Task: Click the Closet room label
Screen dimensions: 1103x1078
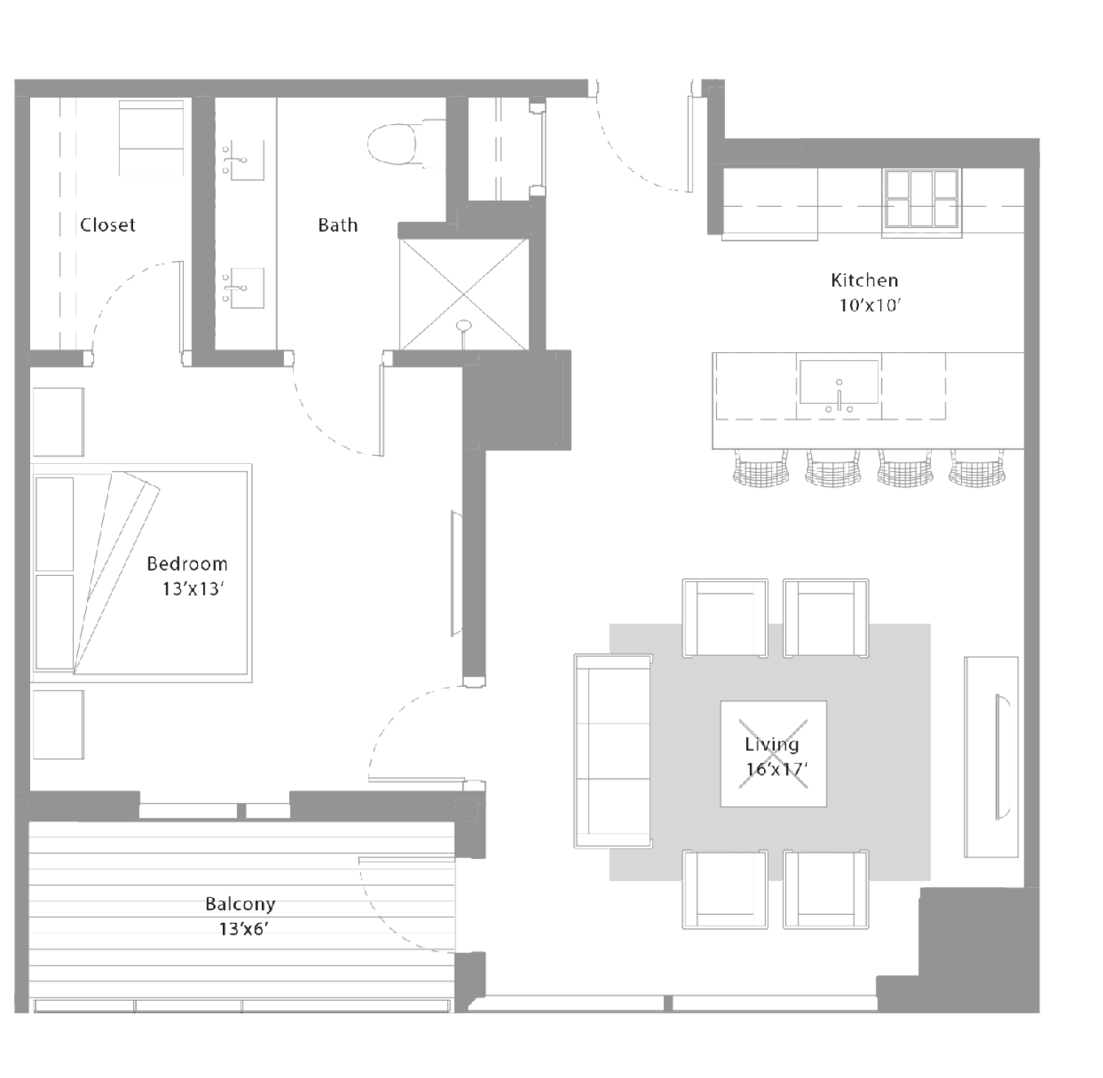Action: pyautogui.click(x=107, y=224)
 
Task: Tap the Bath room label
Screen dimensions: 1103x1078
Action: pyautogui.click(x=338, y=224)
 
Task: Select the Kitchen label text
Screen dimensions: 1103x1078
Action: pyautogui.click(x=864, y=279)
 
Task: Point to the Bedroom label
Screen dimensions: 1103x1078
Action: pyautogui.click(x=187, y=563)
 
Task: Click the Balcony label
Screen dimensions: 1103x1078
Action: pyautogui.click(x=240, y=904)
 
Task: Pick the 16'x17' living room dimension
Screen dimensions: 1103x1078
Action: pyautogui.click(x=777, y=769)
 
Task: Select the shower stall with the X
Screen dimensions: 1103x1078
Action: pyautogui.click(x=463, y=294)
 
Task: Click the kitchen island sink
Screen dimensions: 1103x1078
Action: pyautogui.click(x=839, y=382)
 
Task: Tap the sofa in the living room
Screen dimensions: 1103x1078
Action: pyautogui.click(x=613, y=751)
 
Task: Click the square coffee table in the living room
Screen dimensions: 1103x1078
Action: pyautogui.click(x=773, y=754)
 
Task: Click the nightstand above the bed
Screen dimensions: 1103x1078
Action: pyautogui.click(x=58, y=422)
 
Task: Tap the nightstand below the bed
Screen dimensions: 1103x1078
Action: pyautogui.click(x=58, y=724)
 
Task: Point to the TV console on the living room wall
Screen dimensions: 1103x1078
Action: pyautogui.click(x=991, y=757)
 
